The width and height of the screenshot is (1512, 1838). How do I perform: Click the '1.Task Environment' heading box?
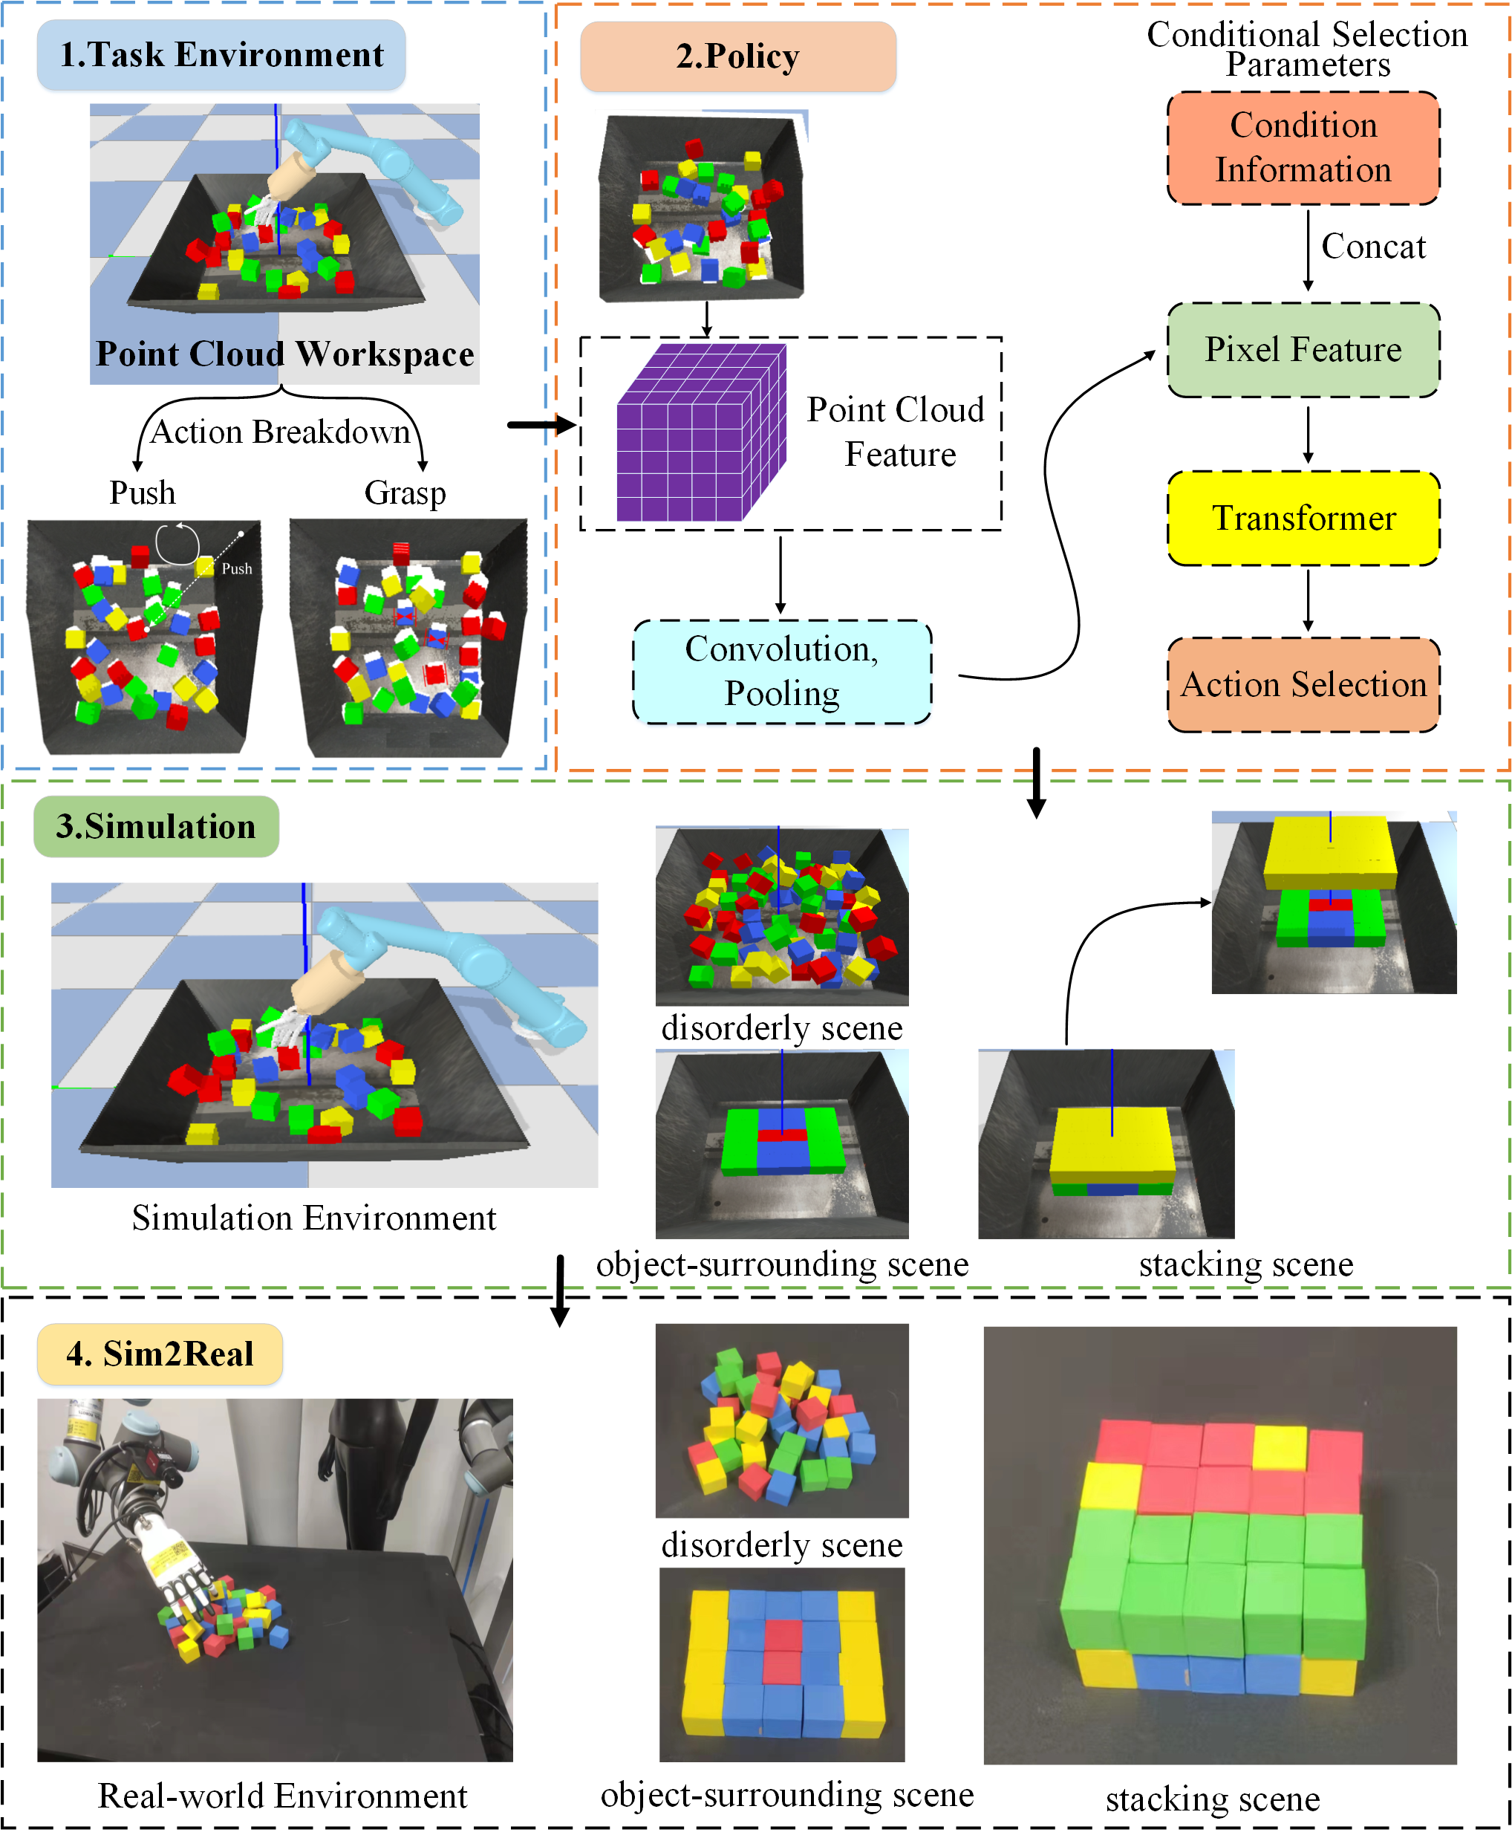tap(221, 55)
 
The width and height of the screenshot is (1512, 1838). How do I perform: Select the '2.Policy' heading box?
tap(737, 56)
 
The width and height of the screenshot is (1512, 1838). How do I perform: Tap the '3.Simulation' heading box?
tap(156, 826)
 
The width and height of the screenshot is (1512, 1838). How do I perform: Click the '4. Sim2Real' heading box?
tap(160, 1354)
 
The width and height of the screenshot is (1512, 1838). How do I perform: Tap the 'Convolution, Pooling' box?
tap(781, 671)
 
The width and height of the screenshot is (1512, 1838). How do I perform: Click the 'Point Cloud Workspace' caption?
tap(285, 354)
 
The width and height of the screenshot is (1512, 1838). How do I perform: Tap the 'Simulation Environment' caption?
tap(313, 1217)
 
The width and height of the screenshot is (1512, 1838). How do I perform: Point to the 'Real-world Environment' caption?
tap(282, 1796)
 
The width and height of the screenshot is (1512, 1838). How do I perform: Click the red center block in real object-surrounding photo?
tap(781, 1651)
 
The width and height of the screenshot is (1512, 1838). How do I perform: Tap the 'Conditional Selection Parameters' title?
tap(1306, 49)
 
